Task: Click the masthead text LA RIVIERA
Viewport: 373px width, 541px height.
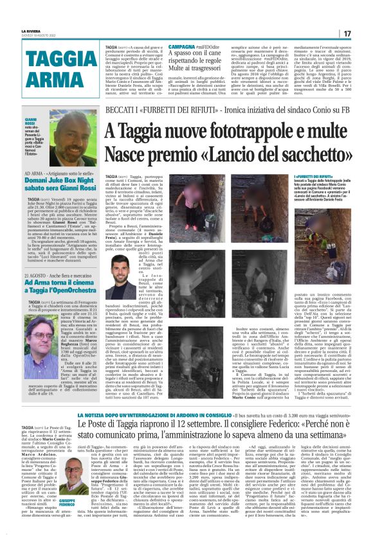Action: point(32,30)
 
